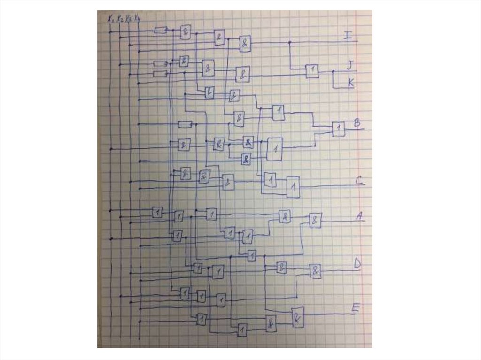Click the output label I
(x=347, y=35)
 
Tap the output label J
(x=349, y=65)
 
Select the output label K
(x=350, y=83)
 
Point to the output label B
(x=357, y=123)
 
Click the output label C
(x=359, y=180)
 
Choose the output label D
(x=357, y=264)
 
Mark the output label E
(x=356, y=308)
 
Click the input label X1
(x=110, y=19)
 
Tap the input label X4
(x=137, y=19)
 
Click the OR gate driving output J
(x=312, y=71)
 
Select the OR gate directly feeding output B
(x=338, y=129)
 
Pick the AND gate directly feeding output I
(x=245, y=44)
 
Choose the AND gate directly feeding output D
(x=316, y=271)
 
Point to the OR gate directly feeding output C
(x=293, y=187)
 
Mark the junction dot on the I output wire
(x=289, y=42)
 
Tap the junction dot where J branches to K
(x=333, y=72)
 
